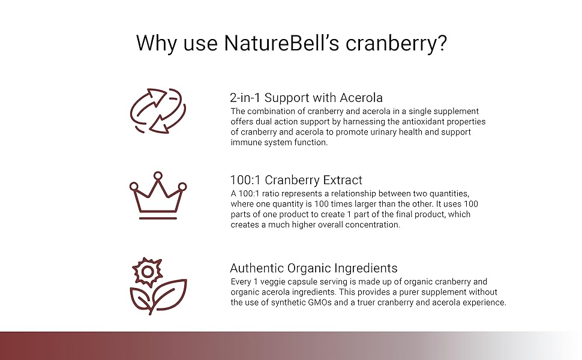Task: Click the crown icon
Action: coord(158,196)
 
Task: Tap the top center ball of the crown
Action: coord(158,175)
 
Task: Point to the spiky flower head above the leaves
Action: coord(145,272)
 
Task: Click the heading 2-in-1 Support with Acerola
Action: coord(306,97)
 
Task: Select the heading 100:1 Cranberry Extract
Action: coord(296,180)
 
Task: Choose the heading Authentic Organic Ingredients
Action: coord(313,268)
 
